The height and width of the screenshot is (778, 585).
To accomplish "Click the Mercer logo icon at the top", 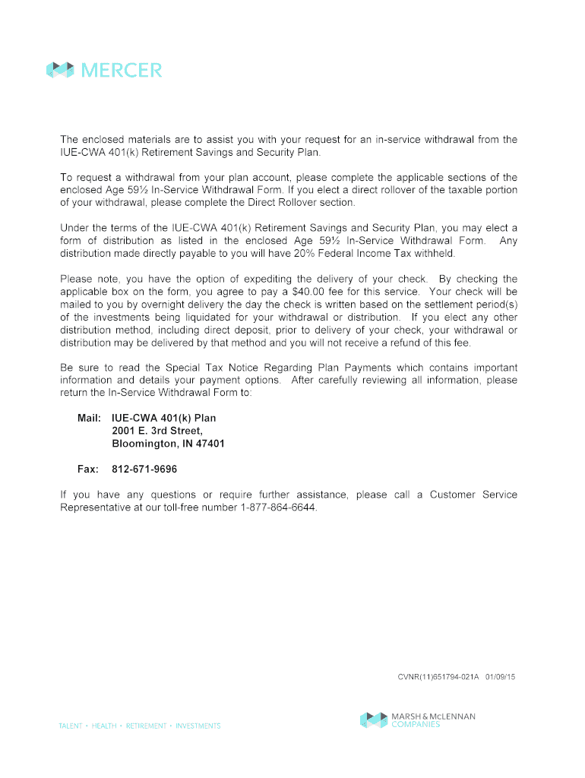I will (x=60, y=70).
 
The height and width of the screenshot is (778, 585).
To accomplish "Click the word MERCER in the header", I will (x=121, y=71).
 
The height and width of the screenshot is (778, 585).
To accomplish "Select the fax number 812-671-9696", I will (x=144, y=470).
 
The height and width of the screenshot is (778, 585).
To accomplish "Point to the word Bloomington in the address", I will (x=144, y=444).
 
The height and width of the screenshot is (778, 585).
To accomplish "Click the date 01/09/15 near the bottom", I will (x=500, y=675).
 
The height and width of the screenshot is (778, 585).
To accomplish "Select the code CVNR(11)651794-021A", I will (x=438, y=675).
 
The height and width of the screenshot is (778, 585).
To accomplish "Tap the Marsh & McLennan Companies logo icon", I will (x=373, y=719).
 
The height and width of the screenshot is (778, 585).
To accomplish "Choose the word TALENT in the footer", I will (x=71, y=726).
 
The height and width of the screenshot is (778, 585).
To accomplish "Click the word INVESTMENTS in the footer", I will (x=198, y=726).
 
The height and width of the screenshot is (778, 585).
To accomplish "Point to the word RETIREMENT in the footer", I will (x=146, y=726).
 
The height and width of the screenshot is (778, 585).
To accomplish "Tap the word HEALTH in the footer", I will (x=104, y=726).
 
